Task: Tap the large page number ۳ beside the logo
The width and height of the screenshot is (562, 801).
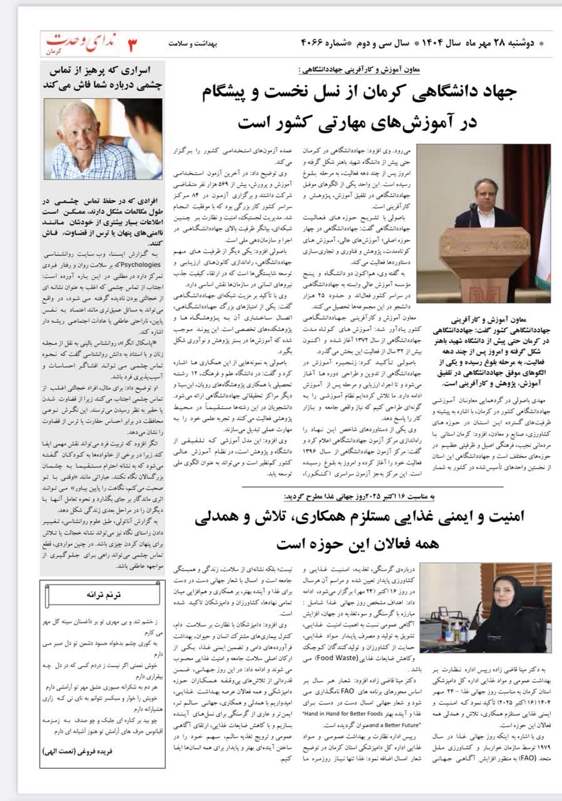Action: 133,44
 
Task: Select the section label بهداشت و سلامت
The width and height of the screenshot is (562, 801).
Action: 192,44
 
